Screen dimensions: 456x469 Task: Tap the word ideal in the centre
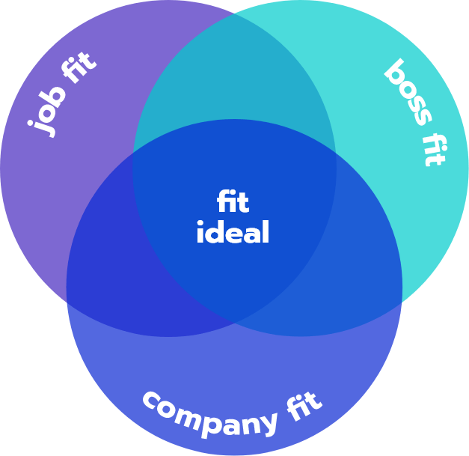pyautogui.click(x=233, y=233)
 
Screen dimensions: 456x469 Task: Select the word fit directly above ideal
pyautogui.click(x=233, y=202)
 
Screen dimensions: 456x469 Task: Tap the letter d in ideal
pyautogui.click(x=214, y=233)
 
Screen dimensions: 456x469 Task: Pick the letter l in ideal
pyautogui.click(x=265, y=232)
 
